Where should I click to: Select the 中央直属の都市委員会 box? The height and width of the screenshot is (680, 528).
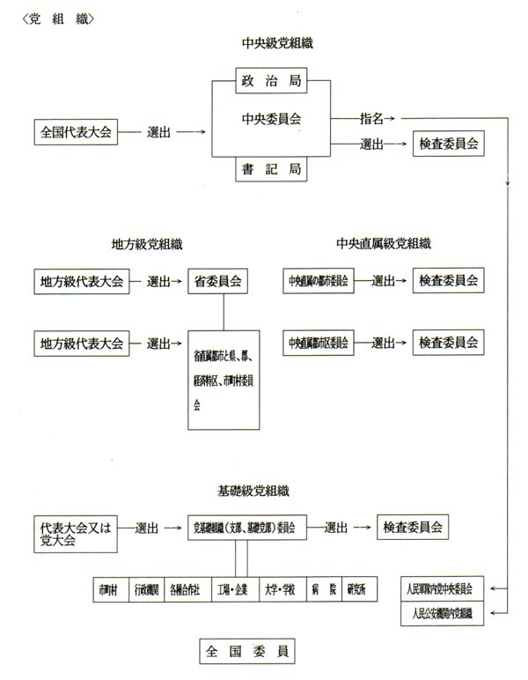click(317, 282)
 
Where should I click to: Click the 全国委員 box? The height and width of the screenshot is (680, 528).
click(246, 653)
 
